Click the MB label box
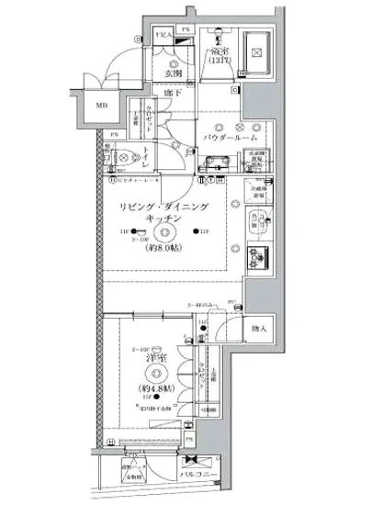coord(98,105)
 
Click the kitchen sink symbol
coord(258,220)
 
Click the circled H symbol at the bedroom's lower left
coord(109,441)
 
